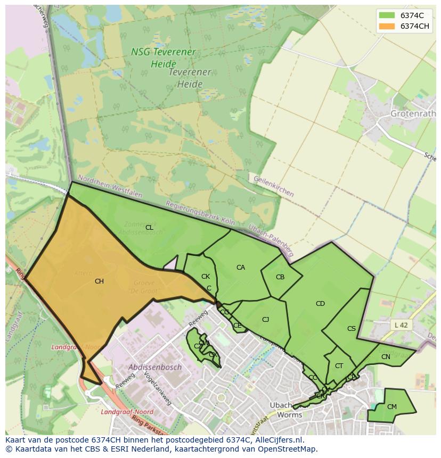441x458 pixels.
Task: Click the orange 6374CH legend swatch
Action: point(387,27)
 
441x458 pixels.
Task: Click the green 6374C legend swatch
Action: point(387,15)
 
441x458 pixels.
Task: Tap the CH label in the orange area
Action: point(99,281)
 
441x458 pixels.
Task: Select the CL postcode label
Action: point(149,228)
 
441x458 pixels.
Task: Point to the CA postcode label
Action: point(241,268)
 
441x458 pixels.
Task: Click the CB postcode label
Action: point(280,277)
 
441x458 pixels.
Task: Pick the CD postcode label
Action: point(320,304)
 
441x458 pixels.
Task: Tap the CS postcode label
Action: point(352,329)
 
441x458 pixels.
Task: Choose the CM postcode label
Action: point(392,407)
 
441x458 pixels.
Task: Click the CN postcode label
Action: point(386,357)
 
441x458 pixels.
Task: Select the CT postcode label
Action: point(339,366)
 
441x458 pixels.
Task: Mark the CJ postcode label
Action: point(265,320)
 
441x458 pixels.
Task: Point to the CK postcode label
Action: point(206,277)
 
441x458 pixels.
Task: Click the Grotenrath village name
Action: point(413,114)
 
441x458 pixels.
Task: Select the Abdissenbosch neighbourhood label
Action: point(155,367)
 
